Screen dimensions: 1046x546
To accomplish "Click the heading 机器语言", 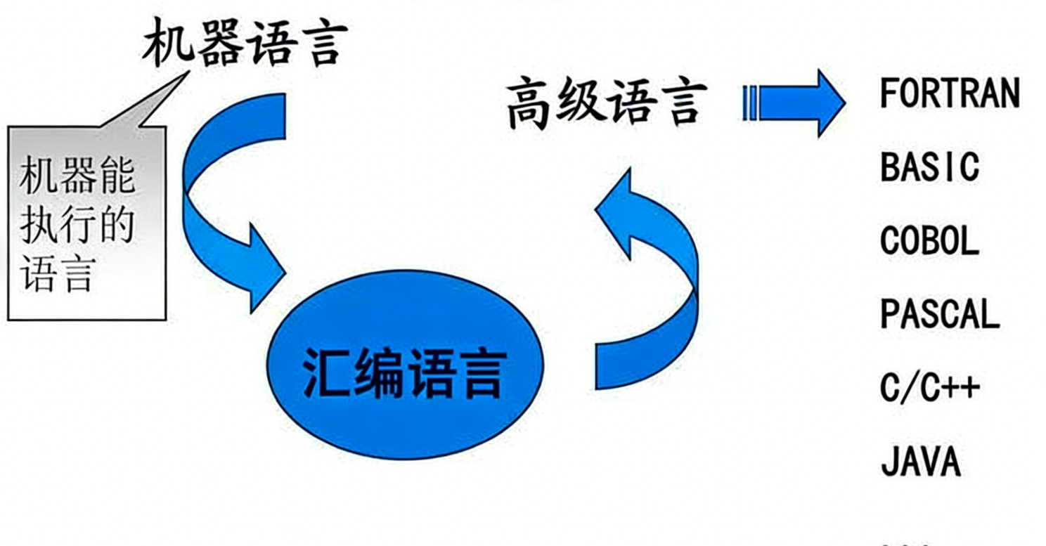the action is click(245, 43).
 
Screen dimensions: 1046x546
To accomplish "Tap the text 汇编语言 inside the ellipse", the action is click(404, 373).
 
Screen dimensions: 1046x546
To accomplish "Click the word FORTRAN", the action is click(950, 93).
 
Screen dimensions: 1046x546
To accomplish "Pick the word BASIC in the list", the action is click(929, 167).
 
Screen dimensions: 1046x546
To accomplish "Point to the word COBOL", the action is click(929, 241).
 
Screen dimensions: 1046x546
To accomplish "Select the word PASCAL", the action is click(940, 314).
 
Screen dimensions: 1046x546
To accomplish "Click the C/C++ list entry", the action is click(929, 388).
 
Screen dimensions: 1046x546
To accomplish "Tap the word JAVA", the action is click(920, 461).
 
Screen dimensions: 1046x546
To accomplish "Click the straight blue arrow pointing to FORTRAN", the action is click(794, 103).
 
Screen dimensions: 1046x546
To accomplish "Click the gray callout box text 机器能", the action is click(77, 175).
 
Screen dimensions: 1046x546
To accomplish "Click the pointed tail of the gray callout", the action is click(188, 72).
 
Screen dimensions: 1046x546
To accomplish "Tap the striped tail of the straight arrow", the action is click(750, 103).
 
